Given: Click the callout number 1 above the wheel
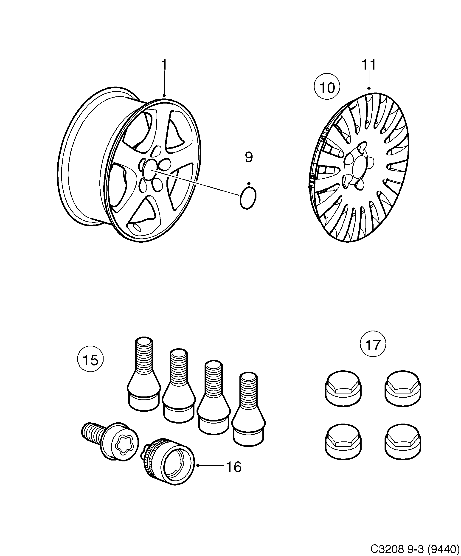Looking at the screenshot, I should coord(164,65).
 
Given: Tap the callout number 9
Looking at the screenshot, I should coord(249,157).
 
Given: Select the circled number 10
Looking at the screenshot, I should coord(327,87).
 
